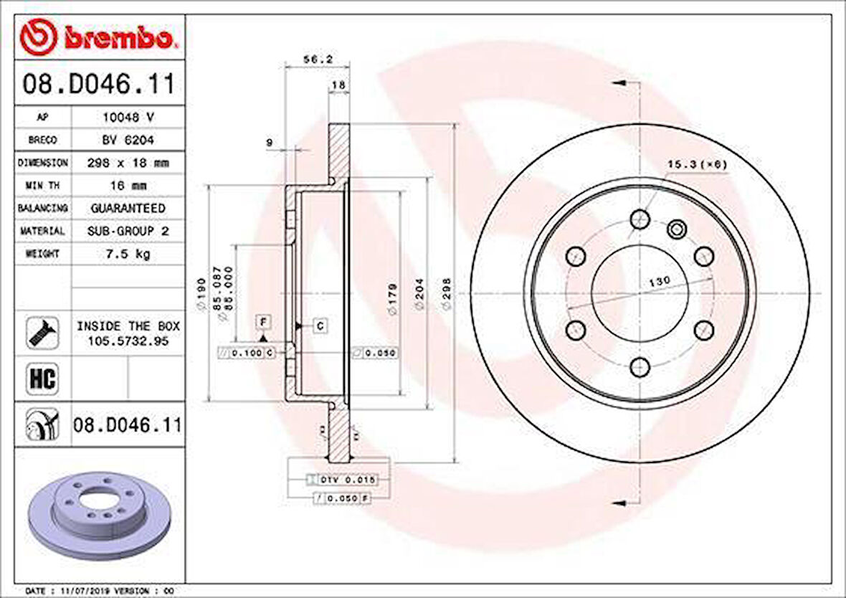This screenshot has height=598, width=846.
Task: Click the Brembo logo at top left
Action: [98, 37]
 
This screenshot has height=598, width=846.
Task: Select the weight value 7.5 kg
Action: [127, 254]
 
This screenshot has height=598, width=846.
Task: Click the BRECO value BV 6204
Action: [127, 140]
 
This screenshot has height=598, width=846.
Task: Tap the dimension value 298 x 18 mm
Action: [127, 163]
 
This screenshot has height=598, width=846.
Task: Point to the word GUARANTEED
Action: [128, 208]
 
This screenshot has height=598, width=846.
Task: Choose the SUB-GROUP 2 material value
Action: [128, 231]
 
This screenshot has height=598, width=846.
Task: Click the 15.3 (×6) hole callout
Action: [697, 165]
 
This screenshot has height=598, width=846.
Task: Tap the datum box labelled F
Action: [263, 321]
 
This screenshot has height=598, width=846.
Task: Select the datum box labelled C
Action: [320, 326]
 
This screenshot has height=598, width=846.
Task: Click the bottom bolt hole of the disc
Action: [640, 368]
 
